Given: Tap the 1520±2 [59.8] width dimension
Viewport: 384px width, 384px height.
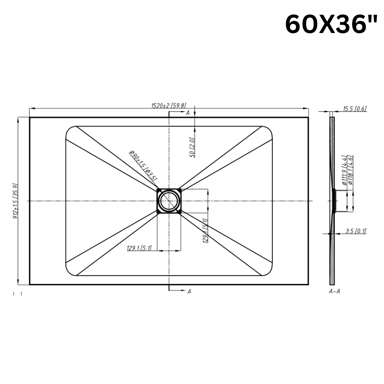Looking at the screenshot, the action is click(169, 106).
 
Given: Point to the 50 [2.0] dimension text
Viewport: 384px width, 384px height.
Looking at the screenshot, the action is click(192, 147).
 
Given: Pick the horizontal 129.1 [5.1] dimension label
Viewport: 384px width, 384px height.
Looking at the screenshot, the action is click(139, 248).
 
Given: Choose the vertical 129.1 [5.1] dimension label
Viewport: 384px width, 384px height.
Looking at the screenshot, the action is click(205, 230).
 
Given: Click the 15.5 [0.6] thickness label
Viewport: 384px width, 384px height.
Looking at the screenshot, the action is click(354, 109).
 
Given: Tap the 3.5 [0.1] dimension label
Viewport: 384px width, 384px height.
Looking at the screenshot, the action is click(356, 231).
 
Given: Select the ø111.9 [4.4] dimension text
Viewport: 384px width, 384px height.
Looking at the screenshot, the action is click(344, 170).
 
